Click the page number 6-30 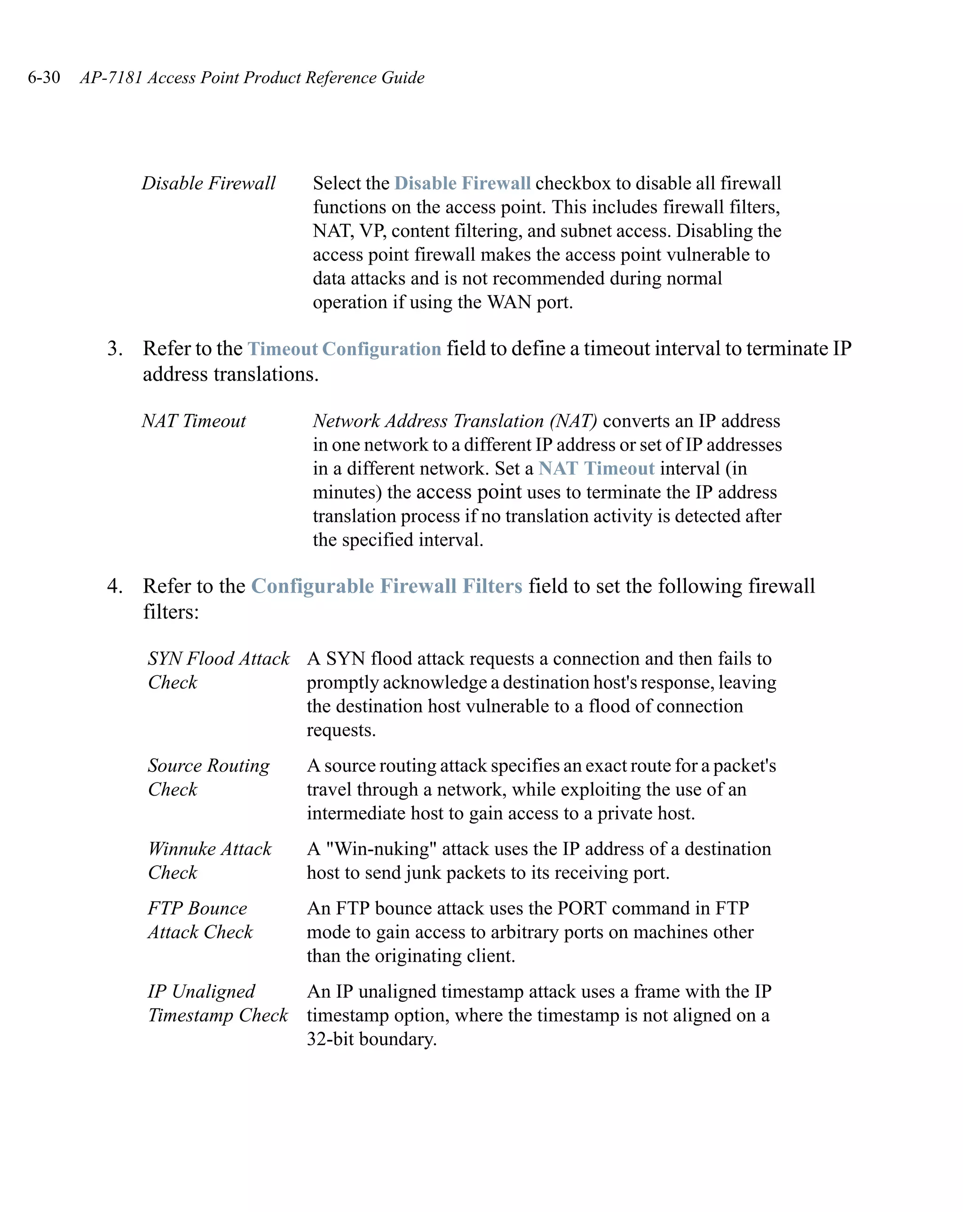[x=44, y=77]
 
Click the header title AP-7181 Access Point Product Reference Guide [x=252, y=77]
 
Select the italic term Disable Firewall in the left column [x=208, y=183]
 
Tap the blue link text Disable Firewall [x=462, y=183]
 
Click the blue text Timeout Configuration [x=344, y=349]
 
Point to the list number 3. [x=114, y=349]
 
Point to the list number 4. [x=114, y=586]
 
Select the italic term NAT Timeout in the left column [x=194, y=421]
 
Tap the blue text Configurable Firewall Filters [x=387, y=586]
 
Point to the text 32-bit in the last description [x=331, y=1039]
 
